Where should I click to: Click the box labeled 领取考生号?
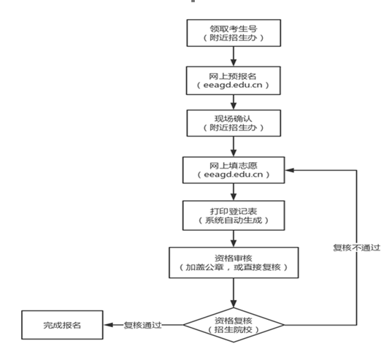pyautogui.click(x=234, y=33)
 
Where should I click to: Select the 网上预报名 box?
pyautogui.click(x=234, y=80)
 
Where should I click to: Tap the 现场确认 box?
pyautogui.click(x=234, y=123)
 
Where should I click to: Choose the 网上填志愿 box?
pyautogui.click(x=234, y=170)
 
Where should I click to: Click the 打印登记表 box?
pyautogui.click(x=234, y=215)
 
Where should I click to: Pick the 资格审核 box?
pyautogui.click(x=234, y=263)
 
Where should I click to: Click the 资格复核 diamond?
pyautogui.click(x=234, y=325)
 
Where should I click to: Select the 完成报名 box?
pyautogui.click(x=62, y=325)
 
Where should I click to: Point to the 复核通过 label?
pyautogui.click(x=143, y=325)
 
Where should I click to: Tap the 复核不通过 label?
pyautogui.click(x=356, y=248)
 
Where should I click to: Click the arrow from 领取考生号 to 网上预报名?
pyautogui.click(x=234, y=56)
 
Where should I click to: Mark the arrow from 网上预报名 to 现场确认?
pyautogui.click(x=234, y=102)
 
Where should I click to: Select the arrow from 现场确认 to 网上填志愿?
pyautogui.click(x=234, y=147)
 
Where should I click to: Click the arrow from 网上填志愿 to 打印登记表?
pyautogui.click(x=234, y=192)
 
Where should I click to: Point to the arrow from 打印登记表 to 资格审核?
pyautogui.click(x=234, y=239)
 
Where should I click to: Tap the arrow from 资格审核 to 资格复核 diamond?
pyautogui.click(x=234, y=293)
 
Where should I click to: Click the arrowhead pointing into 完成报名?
pyautogui.click(x=108, y=325)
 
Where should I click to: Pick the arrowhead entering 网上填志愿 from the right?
pyautogui.click(x=290, y=170)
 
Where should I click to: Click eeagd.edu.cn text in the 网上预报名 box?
pyautogui.click(x=233, y=85)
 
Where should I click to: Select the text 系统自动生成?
pyautogui.click(x=234, y=221)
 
